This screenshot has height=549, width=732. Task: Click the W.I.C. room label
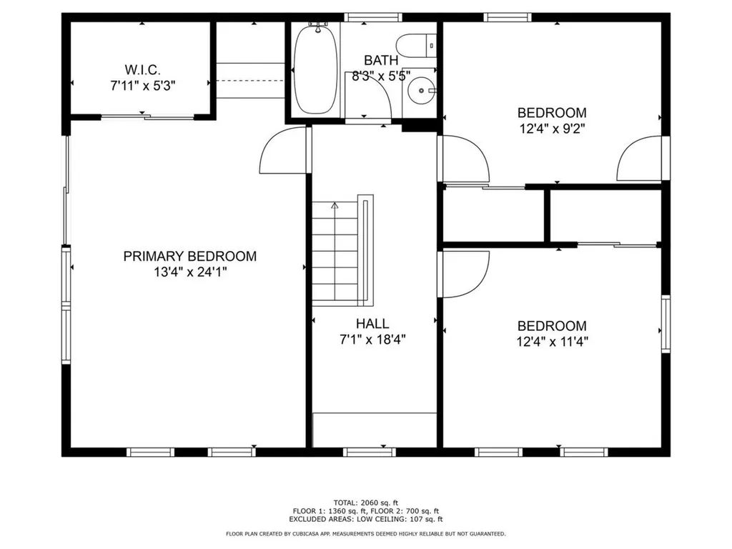click(x=142, y=69)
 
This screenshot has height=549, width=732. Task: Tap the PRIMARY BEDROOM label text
click(x=189, y=256)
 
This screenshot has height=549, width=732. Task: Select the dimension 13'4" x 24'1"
click(x=189, y=272)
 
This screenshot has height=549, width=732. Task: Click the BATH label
click(x=380, y=59)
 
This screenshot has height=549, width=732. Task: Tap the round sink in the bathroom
click(x=422, y=91)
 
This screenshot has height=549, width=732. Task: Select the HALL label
click(x=373, y=324)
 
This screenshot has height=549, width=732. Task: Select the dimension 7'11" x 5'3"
click(x=142, y=84)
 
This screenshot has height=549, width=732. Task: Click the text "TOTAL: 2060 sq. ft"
click(x=365, y=502)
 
